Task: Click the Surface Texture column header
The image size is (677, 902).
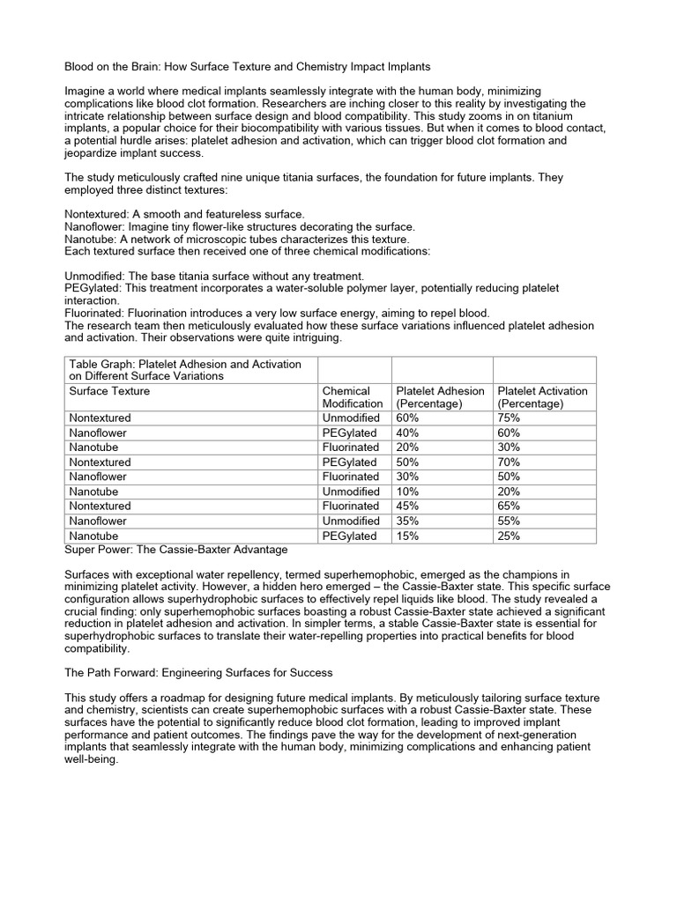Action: (109, 391)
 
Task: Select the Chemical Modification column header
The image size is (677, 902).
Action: (353, 397)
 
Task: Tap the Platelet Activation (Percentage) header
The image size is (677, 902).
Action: (542, 397)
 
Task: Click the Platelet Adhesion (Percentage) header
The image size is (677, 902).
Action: (440, 397)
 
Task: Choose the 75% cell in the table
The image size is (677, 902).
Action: (509, 418)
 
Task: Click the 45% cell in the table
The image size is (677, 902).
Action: (408, 506)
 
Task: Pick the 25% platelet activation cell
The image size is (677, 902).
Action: (509, 536)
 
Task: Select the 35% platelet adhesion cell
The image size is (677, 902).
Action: (408, 521)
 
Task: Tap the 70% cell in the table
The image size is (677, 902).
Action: (509, 462)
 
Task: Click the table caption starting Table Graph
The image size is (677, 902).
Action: (184, 370)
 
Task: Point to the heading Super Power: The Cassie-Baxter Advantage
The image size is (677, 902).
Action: (176, 550)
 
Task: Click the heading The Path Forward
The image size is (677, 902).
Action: (199, 673)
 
